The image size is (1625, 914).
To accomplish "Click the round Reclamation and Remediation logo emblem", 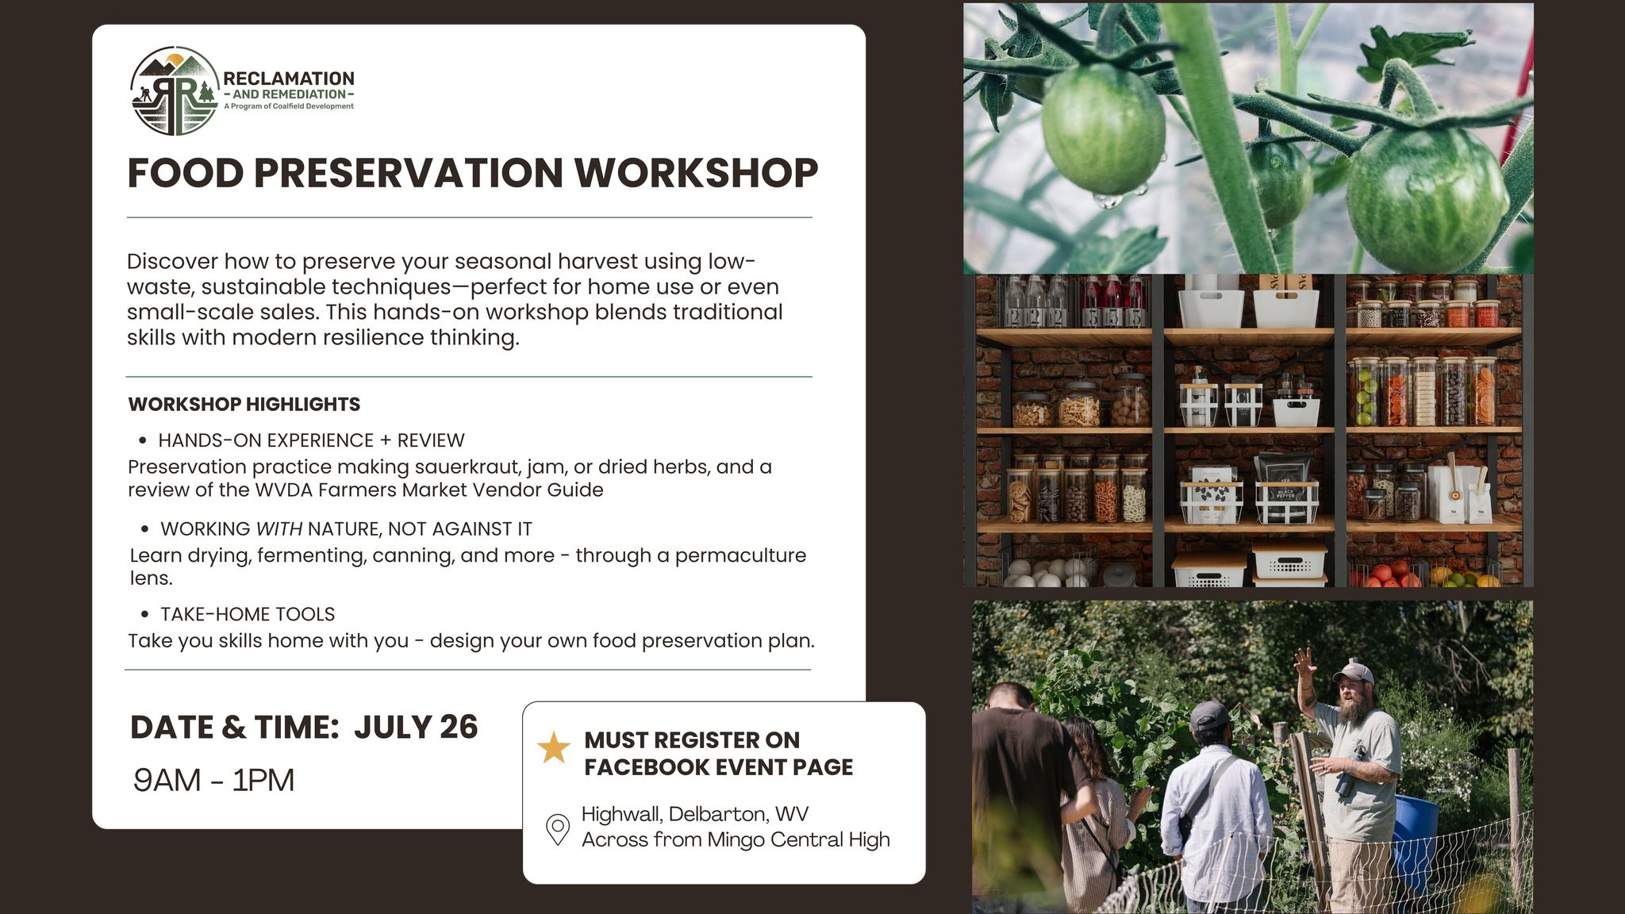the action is (x=175, y=90).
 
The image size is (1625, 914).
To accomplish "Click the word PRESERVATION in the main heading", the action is (x=409, y=173).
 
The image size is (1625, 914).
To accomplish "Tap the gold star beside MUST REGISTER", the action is (x=554, y=748).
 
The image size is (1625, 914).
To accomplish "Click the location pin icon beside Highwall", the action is (x=558, y=829).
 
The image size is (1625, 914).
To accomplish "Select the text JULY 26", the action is (x=416, y=727).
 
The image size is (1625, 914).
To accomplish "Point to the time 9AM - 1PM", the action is (x=213, y=780).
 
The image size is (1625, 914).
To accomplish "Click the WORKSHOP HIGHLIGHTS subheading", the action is (x=244, y=404).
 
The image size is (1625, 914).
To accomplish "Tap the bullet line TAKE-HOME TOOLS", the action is (x=248, y=614).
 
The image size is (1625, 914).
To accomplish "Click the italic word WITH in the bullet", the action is (x=279, y=529).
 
